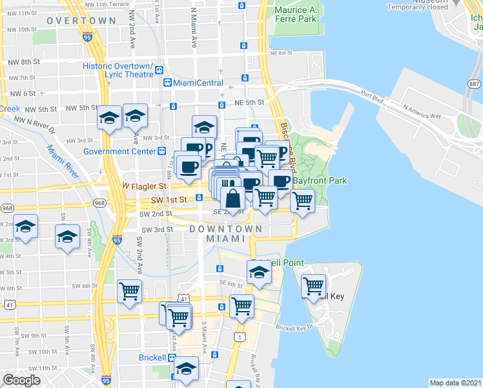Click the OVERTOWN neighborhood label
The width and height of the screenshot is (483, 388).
coord(81,21)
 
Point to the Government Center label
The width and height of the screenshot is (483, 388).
coord(119,151)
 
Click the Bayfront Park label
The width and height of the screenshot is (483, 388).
coord(312,180)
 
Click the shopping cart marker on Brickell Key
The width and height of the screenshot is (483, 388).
coord(314,285)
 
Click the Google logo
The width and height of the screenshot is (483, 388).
coord(21,380)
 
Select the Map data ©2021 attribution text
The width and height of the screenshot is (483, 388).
coord(455,383)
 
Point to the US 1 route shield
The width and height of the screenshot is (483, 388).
coord(241,338)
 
